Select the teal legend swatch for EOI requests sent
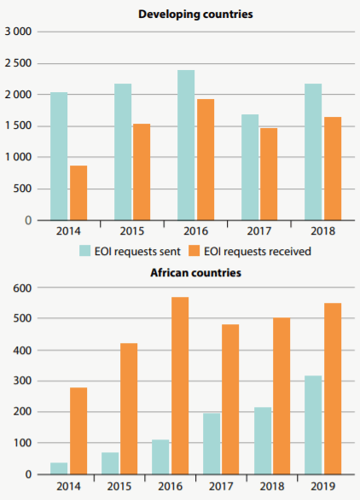pyautogui.click(x=85, y=251)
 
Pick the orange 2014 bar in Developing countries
pyautogui.click(x=78, y=193)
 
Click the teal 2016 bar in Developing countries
pyautogui.click(x=185, y=145)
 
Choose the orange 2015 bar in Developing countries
pyautogui.click(x=142, y=172)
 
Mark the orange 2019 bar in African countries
pyautogui.click(x=331, y=388)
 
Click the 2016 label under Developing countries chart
pyautogui.click(x=195, y=232)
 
